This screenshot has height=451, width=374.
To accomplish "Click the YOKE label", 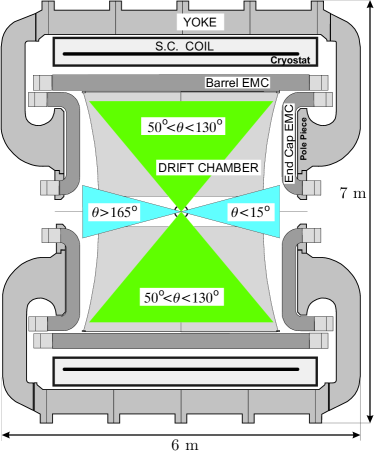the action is coord(200,22).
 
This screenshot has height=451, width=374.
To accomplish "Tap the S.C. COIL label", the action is coord(184,46).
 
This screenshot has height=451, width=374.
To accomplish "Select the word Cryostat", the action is coord(290,60).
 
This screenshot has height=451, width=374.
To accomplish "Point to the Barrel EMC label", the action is coord(237,83).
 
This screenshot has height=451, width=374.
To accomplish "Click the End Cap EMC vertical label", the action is coord(289,144).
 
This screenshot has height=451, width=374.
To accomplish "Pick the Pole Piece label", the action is coord(303,139).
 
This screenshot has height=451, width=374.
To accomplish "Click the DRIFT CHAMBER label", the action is coord(208,168).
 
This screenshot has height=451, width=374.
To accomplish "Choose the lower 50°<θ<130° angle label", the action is coord(181,297).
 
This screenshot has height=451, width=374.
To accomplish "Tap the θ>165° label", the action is coord(114,211).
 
